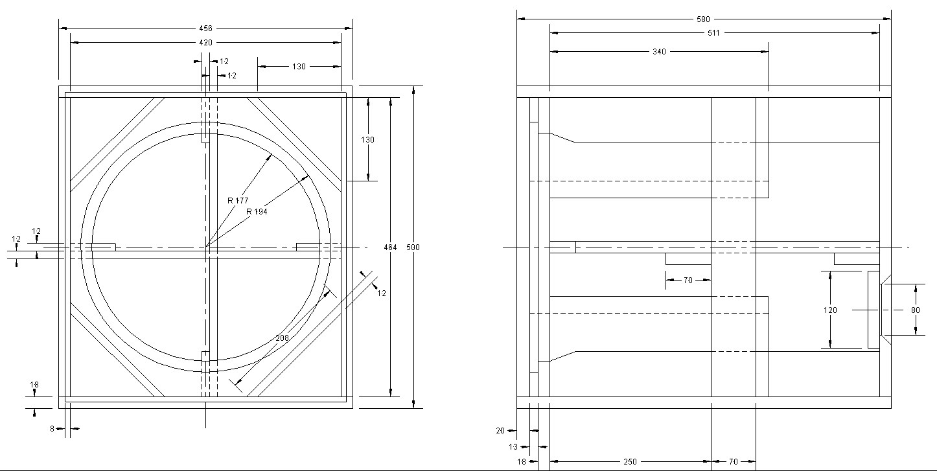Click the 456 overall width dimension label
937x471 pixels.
(x=205, y=29)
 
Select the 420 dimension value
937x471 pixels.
(x=205, y=43)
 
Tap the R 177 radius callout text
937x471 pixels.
(x=238, y=201)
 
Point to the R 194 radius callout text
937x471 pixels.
(x=257, y=212)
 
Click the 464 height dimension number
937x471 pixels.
(x=390, y=247)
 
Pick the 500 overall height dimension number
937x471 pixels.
(x=413, y=247)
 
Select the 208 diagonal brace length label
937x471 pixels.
(x=282, y=338)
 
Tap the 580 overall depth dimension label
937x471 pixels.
(x=703, y=19)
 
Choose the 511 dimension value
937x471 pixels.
(x=713, y=33)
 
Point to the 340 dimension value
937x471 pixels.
(x=658, y=52)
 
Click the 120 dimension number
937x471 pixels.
(x=830, y=310)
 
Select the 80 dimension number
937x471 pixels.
(x=916, y=310)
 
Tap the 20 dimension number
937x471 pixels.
(x=500, y=431)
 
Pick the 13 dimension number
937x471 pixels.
(x=513, y=447)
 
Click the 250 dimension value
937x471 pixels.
(x=630, y=462)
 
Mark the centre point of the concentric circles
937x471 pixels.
(x=205, y=247)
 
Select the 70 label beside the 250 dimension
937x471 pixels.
(x=733, y=462)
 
